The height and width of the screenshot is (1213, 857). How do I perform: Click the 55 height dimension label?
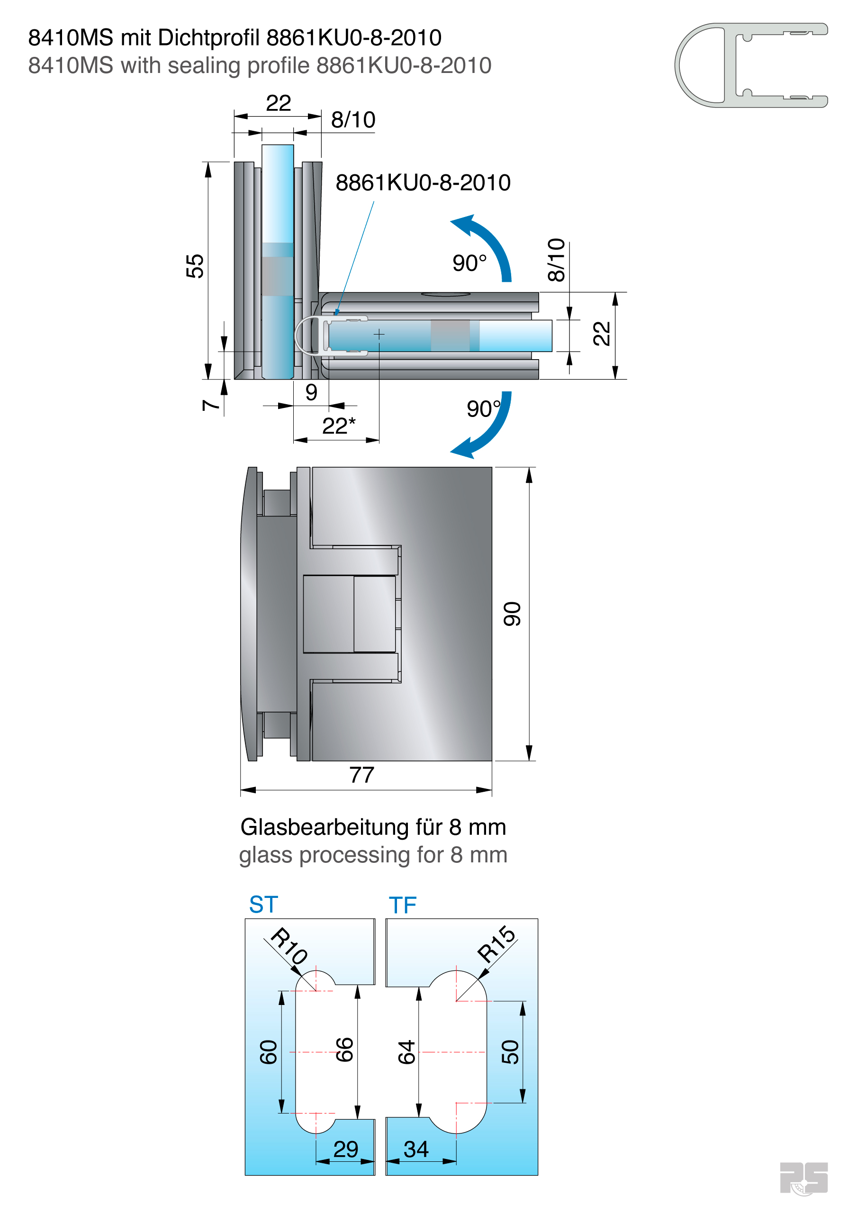[x=194, y=266]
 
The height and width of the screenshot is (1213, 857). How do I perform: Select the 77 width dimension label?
[x=362, y=775]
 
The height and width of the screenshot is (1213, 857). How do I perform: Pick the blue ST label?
[x=263, y=905]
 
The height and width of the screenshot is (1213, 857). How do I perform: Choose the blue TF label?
[x=403, y=905]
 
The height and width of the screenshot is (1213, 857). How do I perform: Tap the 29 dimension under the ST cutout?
[x=345, y=1150]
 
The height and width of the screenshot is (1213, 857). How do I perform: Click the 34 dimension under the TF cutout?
[x=416, y=1150]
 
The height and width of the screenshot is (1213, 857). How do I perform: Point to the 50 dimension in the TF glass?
[x=510, y=1052]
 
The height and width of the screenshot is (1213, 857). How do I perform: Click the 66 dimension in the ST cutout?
[x=344, y=1050]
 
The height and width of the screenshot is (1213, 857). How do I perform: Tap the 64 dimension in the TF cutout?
[x=406, y=1052]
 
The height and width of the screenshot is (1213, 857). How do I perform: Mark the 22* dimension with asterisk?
[x=339, y=426]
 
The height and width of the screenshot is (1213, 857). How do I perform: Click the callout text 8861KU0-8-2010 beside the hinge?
[x=423, y=183]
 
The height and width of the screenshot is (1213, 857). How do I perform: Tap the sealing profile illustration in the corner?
[x=750, y=65]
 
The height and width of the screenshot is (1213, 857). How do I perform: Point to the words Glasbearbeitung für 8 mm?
[x=373, y=827]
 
